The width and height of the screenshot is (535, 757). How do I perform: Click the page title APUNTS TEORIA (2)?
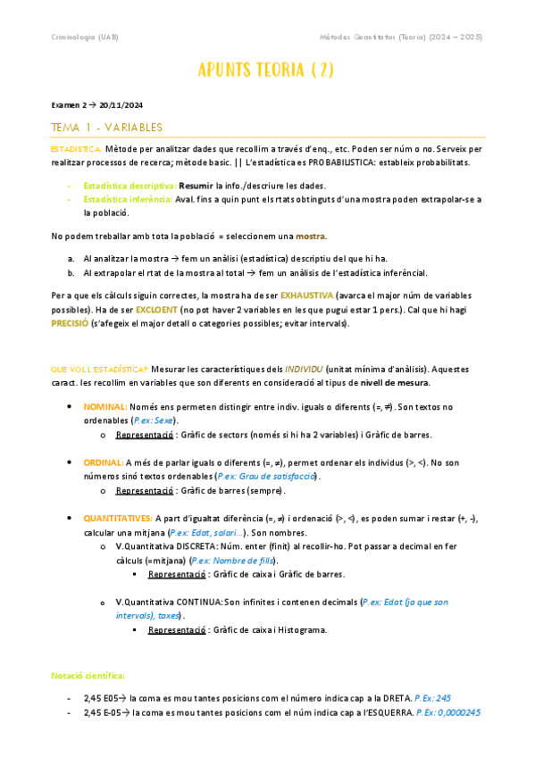[267, 71]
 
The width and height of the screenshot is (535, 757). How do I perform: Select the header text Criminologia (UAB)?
[85, 37]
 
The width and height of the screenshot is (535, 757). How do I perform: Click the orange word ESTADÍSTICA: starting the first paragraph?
[76, 148]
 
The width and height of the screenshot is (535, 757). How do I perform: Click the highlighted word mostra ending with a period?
[311, 236]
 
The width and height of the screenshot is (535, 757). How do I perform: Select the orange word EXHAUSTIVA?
[307, 295]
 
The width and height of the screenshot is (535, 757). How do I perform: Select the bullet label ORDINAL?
[104, 462]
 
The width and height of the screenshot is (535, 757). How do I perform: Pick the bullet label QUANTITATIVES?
[118, 518]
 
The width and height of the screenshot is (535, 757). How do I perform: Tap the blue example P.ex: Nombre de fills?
[234, 561]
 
